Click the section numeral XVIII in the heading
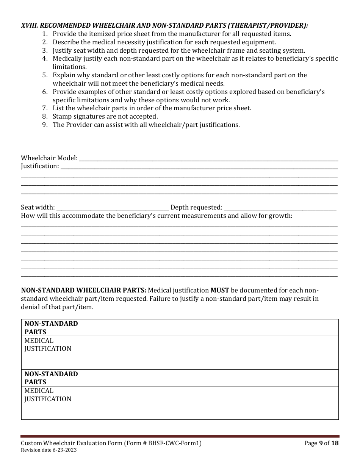[x=29, y=25]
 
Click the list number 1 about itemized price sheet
[x=45, y=34]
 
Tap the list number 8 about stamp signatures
[x=45, y=116]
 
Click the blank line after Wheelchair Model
[x=208, y=158]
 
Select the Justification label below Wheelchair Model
[x=40, y=166]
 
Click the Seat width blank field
[x=113, y=208]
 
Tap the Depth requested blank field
[x=280, y=208]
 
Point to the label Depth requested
[x=196, y=208]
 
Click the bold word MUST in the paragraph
[x=220, y=291]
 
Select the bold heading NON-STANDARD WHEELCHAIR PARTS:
[x=83, y=291]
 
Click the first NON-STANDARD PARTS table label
[x=51, y=328]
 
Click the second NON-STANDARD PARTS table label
[x=51, y=378]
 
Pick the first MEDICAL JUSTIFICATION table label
[x=48, y=345]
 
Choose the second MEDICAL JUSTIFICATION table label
[x=48, y=395]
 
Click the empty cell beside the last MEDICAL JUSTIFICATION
[x=218, y=403]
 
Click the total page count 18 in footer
[x=335, y=443]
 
